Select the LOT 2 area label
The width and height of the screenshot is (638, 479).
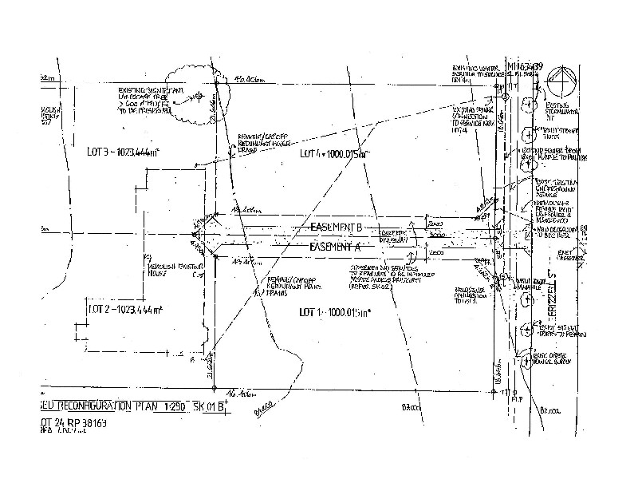pyautogui.click(x=123, y=308)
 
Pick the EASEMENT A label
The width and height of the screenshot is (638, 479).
pyautogui.click(x=336, y=247)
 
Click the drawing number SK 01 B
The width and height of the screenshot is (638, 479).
pyautogui.click(x=211, y=406)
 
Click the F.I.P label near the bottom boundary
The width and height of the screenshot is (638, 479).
pyautogui.click(x=517, y=397)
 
